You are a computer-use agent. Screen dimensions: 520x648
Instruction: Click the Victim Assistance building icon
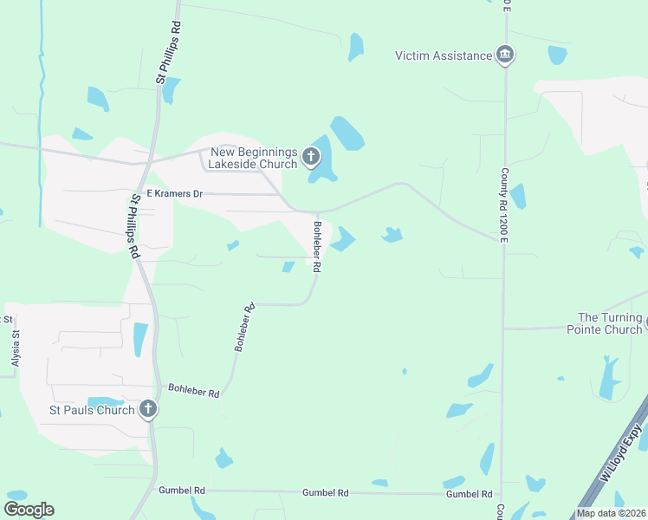pos(505,56)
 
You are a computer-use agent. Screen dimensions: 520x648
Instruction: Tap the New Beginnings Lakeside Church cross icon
pos(311,158)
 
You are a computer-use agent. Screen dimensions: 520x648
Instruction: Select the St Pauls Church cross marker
pos(148,409)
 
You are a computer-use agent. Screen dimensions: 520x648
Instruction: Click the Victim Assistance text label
pos(443,56)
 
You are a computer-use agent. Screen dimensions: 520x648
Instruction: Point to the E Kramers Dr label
pos(174,194)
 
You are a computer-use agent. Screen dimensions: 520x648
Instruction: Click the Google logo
pos(29,509)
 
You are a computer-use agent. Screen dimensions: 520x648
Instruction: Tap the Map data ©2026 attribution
pos(610,513)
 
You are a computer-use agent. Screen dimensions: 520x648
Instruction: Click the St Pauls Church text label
pos(92,410)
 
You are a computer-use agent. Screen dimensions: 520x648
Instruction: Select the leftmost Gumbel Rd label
pos(181,491)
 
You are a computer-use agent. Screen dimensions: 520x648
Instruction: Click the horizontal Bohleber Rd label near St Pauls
pos(193,391)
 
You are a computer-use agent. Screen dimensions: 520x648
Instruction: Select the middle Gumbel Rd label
pos(325,492)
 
